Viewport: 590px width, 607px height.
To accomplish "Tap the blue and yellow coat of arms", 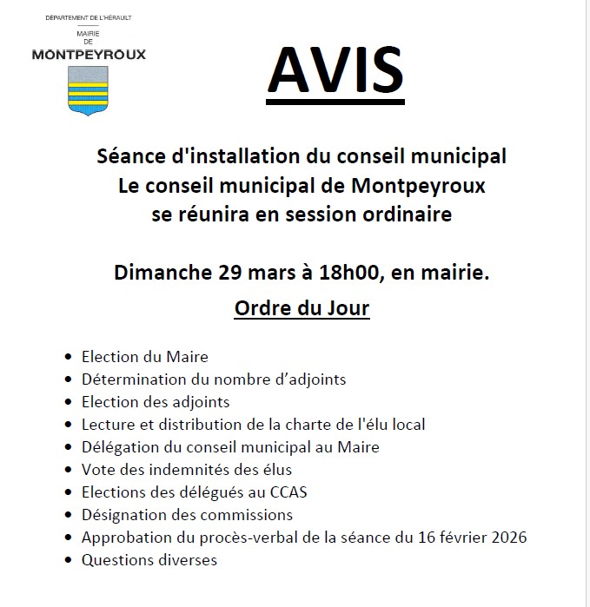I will (88, 90).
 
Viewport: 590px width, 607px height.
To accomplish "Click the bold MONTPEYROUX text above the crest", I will (89, 54).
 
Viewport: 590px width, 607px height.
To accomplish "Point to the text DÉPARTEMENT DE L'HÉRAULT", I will (89, 17).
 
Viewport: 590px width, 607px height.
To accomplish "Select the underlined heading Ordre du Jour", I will (302, 308).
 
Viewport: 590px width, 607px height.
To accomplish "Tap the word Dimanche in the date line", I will (158, 274).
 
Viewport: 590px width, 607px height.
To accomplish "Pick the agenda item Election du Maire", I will (145, 357).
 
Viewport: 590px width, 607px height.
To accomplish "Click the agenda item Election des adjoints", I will (156, 402).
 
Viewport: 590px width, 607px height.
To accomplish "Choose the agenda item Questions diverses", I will (149, 560).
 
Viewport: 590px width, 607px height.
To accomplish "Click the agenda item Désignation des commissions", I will (186, 515).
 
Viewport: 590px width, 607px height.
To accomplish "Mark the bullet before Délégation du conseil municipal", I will (69, 448).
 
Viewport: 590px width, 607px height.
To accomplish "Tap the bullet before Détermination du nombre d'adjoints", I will (69, 380).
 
